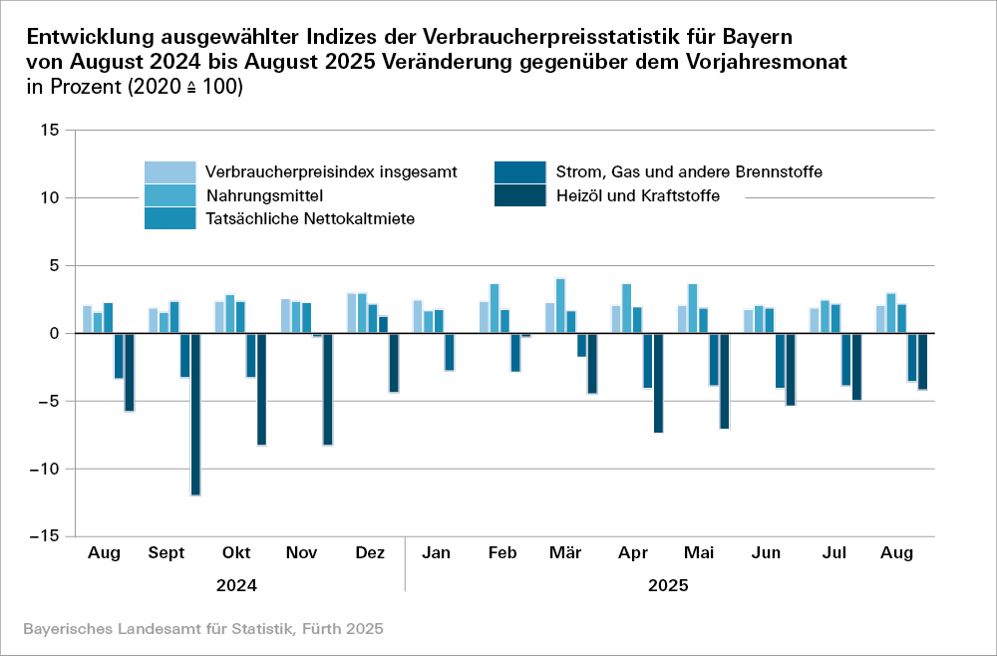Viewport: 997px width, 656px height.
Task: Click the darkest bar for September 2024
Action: (195, 414)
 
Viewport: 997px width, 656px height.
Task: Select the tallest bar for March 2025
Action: (560, 306)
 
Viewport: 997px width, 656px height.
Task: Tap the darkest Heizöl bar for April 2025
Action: (658, 383)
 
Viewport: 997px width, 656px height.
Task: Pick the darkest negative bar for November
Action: (328, 389)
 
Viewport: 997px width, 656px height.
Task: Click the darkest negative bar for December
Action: (394, 363)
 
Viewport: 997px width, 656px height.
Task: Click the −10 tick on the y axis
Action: (48, 469)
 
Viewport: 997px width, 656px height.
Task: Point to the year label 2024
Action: (236, 586)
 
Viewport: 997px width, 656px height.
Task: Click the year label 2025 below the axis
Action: (668, 586)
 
